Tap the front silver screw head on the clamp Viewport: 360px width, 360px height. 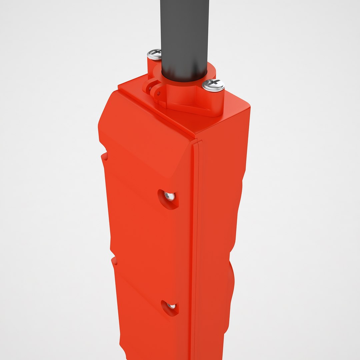[213, 85]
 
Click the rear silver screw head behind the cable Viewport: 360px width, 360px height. [154, 54]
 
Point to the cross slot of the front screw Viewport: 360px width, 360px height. [214, 82]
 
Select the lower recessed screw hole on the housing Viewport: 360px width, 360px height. [170, 307]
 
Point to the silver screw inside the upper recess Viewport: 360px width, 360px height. [170, 197]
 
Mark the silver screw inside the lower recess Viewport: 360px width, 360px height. [171, 306]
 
